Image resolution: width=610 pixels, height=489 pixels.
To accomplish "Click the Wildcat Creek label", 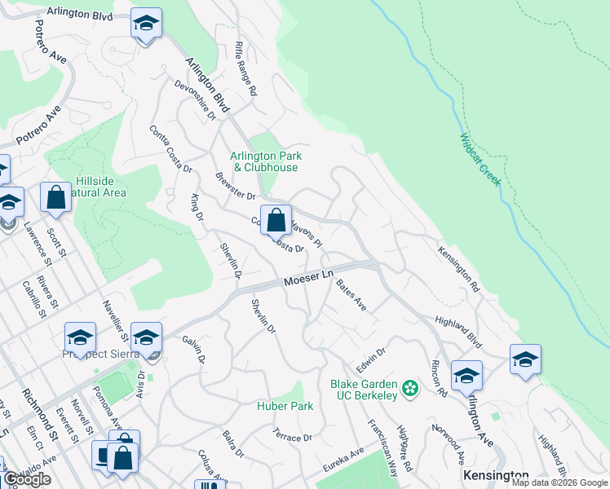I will click(x=479, y=160).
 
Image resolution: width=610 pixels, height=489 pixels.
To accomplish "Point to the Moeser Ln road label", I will click(x=310, y=279).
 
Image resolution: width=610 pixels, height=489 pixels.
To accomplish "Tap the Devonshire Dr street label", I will click(x=194, y=100).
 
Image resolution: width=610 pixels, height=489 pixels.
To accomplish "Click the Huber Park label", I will click(x=285, y=406).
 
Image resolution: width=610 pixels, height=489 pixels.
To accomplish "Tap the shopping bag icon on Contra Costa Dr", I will click(x=276, y=220).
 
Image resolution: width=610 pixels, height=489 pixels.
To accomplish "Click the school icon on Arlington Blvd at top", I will click(x=146, y=24).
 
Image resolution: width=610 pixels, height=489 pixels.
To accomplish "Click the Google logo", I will click(x=28, y=479).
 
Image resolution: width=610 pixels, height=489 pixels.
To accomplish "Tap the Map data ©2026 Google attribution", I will click(x=559, y=482).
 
